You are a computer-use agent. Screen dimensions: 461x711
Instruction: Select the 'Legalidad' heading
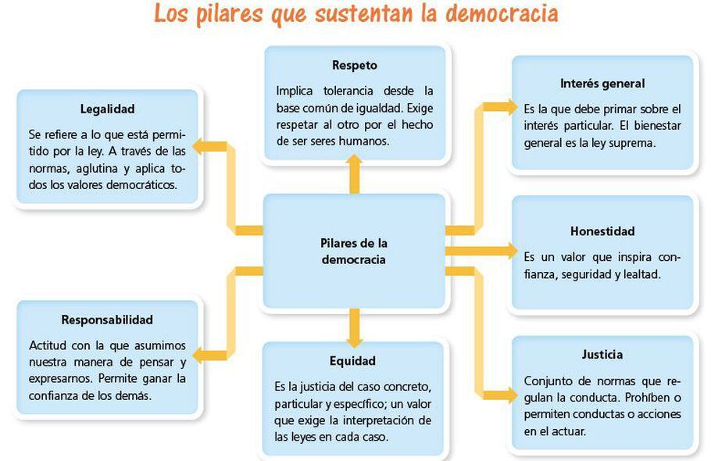(x=107, y=109)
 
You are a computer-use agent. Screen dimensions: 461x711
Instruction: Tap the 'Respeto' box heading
(x=355, y=65)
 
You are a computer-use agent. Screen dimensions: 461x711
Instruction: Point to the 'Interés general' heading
(x=602, y=84)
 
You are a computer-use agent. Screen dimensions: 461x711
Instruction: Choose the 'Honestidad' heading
(x=602, y=231)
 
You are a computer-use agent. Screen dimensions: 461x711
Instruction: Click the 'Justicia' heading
(x=602, y=355)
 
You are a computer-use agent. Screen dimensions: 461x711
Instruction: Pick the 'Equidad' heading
(x=352, y=361)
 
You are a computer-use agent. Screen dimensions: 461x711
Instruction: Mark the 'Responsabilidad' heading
(x=107, y=320)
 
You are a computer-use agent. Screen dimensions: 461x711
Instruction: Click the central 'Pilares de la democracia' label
(x=354, y=251)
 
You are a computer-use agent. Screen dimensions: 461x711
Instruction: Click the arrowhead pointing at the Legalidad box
(x=200, y=145)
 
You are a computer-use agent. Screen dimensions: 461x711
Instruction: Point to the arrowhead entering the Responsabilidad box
(x=200, y=356)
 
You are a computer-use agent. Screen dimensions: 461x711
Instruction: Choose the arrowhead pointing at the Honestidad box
(x=509, y=251)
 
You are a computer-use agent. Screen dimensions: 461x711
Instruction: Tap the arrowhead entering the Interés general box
(x=509, y=106)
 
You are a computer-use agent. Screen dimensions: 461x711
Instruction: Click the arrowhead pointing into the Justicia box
(x=509, y=395)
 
